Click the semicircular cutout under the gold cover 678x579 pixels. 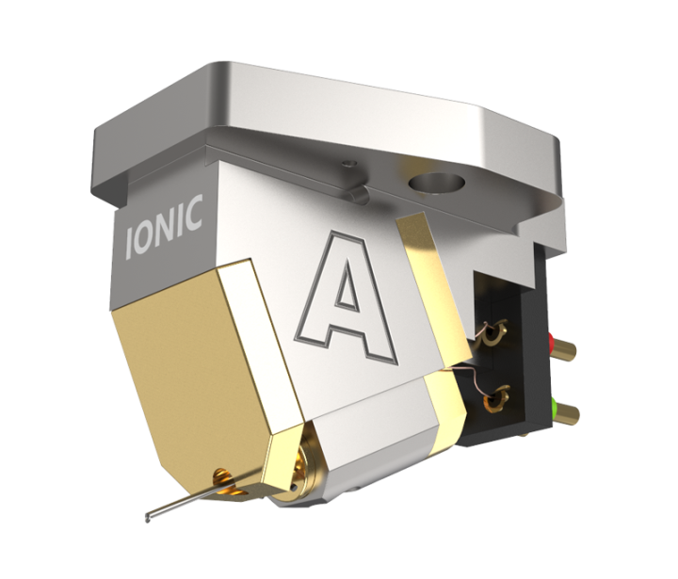point(222,473)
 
